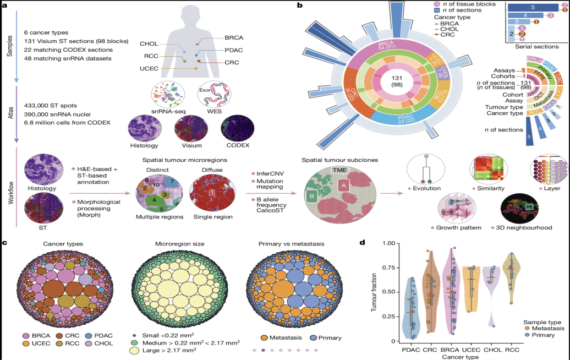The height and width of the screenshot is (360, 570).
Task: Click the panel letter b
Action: [x=299, y=5]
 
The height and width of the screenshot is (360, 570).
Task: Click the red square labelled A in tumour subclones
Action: [x=343, y=186]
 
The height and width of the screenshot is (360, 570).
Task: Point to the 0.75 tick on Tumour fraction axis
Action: [x=385, y=267]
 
